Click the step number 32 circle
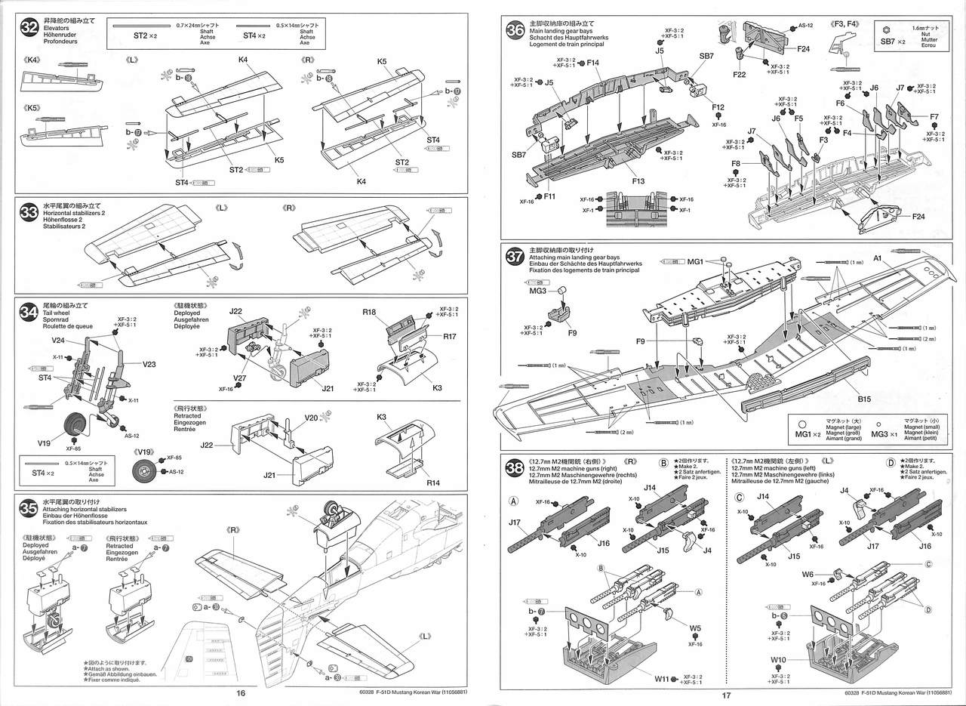29,27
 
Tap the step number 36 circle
515,29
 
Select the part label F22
739,75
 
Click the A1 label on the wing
878,258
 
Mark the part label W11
663,678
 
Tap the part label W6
808,574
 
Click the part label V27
240,378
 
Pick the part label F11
549,196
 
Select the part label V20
312,418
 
